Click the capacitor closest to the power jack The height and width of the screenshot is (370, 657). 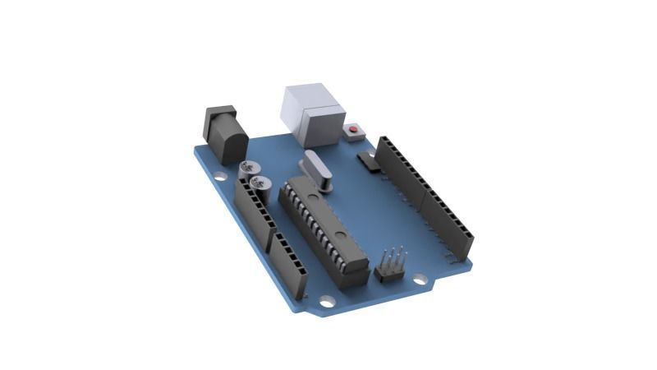[247, 170]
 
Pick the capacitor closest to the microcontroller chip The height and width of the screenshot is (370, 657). [261, 184]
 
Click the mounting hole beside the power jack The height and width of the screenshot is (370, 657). [220, 176]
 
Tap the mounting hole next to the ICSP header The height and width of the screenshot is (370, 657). [420, 280]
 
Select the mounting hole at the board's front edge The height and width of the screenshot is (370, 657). [327, 302]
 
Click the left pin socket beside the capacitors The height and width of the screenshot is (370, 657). [254, 211]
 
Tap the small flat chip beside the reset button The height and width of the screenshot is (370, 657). [368, 160]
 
